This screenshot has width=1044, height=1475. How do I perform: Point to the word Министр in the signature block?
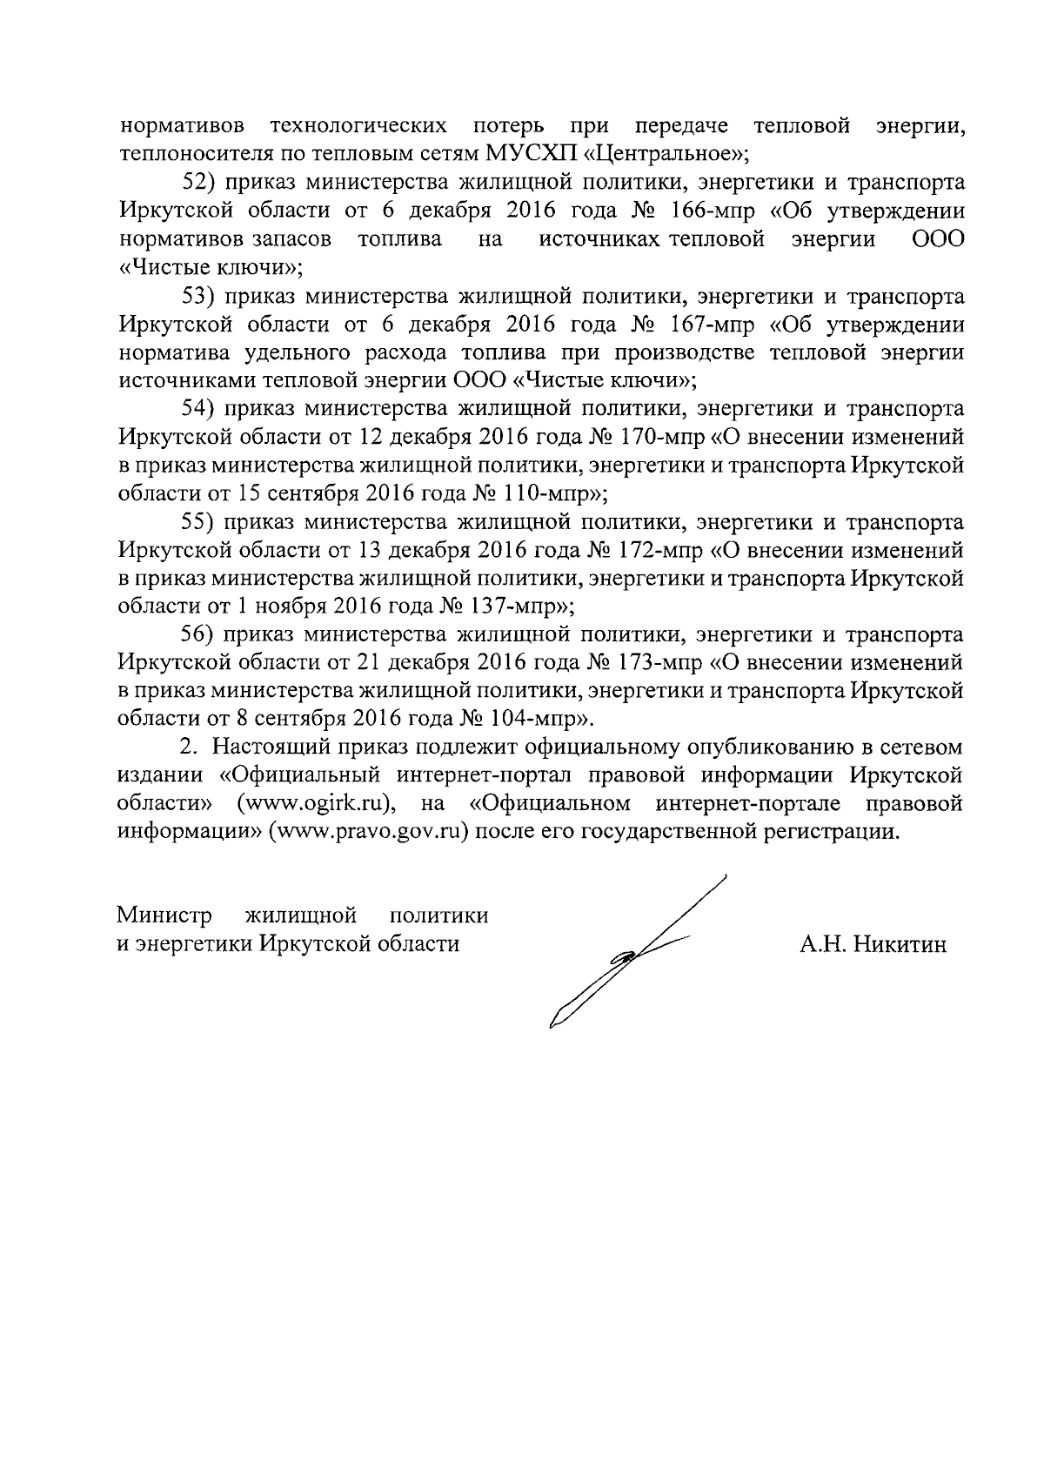[164, 916]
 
